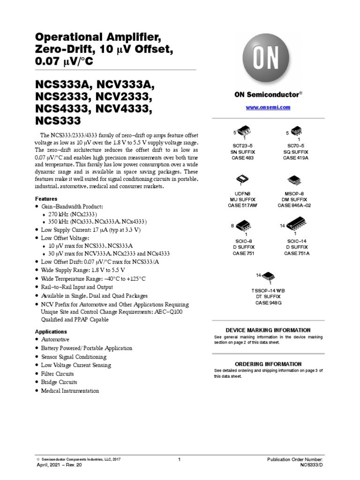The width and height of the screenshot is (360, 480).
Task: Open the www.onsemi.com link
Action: (x=268, y=107)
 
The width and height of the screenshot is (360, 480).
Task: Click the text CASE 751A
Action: (x=296, y=253)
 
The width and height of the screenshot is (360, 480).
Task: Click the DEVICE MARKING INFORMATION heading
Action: (x=268, y=330)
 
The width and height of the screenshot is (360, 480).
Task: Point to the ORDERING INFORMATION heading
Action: (x=268, y=364)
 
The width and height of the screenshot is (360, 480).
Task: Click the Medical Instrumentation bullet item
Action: (x=70, y=390)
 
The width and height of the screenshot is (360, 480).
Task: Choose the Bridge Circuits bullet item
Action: (x=59, y=382)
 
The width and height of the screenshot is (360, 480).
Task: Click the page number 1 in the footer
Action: (x=180, y=460)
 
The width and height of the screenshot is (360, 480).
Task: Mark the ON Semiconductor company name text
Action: (x=266, y=94)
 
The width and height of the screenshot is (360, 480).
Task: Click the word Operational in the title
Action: (x=66, y=37)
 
